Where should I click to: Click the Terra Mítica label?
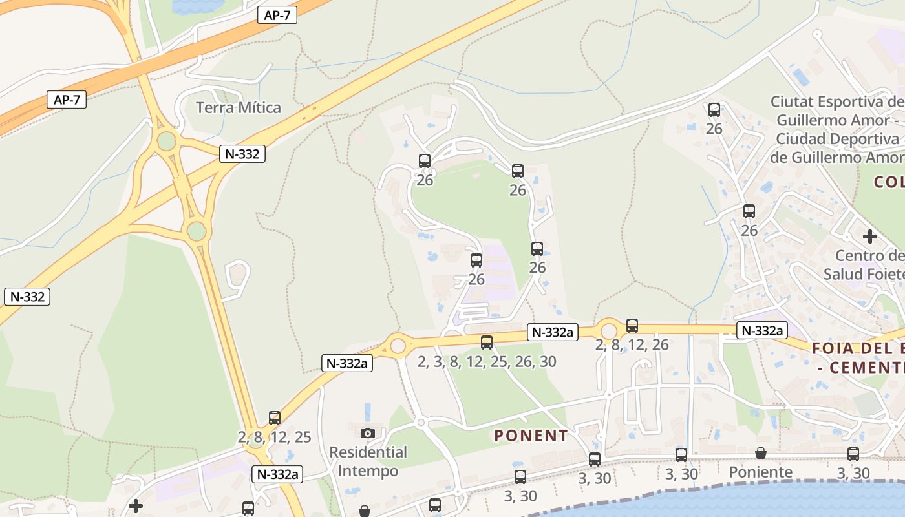[239, 107]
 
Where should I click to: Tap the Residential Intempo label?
[368, 461]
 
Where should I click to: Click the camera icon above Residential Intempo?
[368, 433]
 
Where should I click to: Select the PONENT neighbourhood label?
[531, 436]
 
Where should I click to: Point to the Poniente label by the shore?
[761, 472]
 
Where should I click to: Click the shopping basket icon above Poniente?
[761, 454]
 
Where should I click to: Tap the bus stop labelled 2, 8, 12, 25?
[275, 418]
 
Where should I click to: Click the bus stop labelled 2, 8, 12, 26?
[632, 326]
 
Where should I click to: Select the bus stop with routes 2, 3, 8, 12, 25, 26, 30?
[487, 343]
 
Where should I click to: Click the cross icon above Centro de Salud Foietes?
[870, 237]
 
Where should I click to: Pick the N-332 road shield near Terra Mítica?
[242, 154]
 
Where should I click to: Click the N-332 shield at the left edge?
[27, 297]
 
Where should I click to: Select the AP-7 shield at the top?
[277, 16]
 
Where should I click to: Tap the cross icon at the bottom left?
[136, 505]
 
